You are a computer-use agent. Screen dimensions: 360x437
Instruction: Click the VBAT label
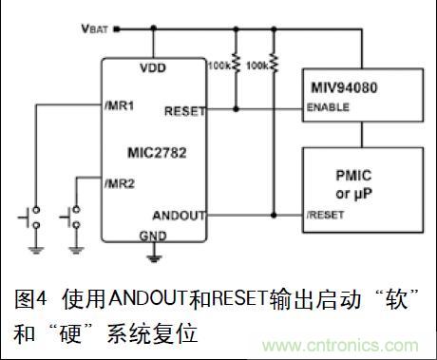click(x=95, y=29)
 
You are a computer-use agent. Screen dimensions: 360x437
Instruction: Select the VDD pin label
click(x=153, y=68)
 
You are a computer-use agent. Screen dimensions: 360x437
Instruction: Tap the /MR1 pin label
click(x=120, y=105)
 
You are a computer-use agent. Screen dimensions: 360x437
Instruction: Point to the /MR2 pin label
click(x=120, y=180)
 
